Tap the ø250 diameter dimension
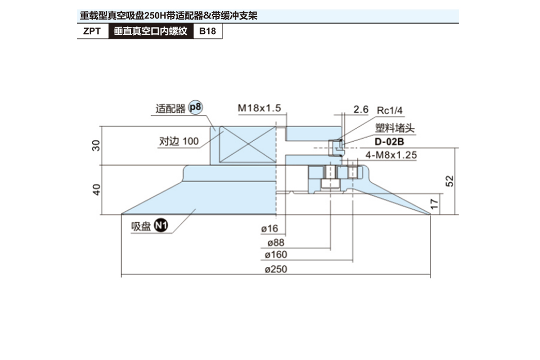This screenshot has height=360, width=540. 276,270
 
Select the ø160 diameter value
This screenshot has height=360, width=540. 276,255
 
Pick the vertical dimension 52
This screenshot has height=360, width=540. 450,180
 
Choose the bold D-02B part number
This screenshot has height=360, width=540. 390,142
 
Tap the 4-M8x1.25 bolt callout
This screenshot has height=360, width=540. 391,155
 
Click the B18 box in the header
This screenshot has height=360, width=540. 207,31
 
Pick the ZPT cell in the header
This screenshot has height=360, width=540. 92,31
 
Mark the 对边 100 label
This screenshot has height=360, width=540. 179,141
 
